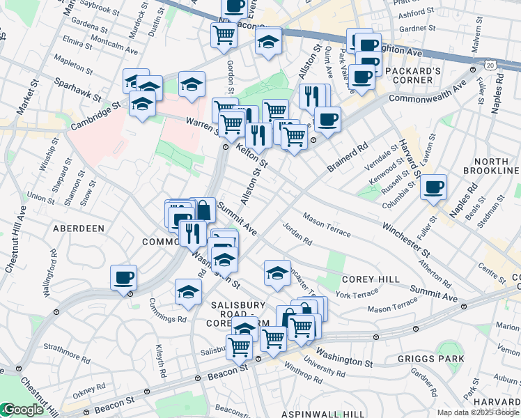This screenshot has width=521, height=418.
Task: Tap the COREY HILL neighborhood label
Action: click(x=371, y=279)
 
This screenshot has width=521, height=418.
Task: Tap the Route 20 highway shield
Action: click(x=492, y=65)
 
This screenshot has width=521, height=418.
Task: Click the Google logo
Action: click(x=22, y=410)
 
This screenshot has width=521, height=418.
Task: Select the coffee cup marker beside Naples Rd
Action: click(x=433, y=187)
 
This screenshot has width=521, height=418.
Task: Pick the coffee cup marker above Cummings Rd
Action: click(x=124, y=278)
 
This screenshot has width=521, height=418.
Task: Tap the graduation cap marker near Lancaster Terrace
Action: click(x=277, y=272)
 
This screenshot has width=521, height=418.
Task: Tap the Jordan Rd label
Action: click(x=297, y=233)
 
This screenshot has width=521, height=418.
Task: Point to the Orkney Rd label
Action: click(x=91, y=387)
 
